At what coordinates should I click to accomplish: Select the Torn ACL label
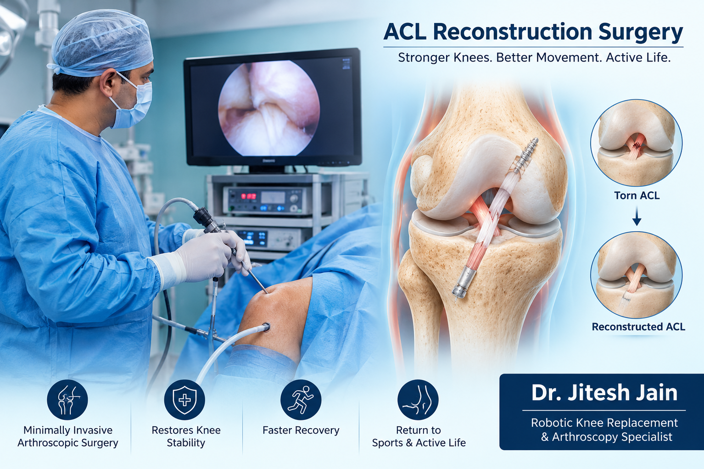637,195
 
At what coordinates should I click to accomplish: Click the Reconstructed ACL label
638,327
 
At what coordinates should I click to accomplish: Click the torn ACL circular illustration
637,143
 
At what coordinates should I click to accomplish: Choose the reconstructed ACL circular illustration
637,275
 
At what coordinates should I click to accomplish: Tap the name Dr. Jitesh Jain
604,393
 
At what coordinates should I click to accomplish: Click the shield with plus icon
184,400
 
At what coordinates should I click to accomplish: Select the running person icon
301,400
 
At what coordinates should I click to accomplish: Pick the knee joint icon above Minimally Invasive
67,400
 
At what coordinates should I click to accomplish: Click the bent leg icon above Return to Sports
418,400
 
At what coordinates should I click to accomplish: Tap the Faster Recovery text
301,430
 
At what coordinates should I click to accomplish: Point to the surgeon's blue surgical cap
101,42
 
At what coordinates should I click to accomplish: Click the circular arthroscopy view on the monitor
269,107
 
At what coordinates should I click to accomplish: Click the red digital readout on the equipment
248,196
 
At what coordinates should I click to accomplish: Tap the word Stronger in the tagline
424,58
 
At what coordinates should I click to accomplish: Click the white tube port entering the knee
266,327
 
